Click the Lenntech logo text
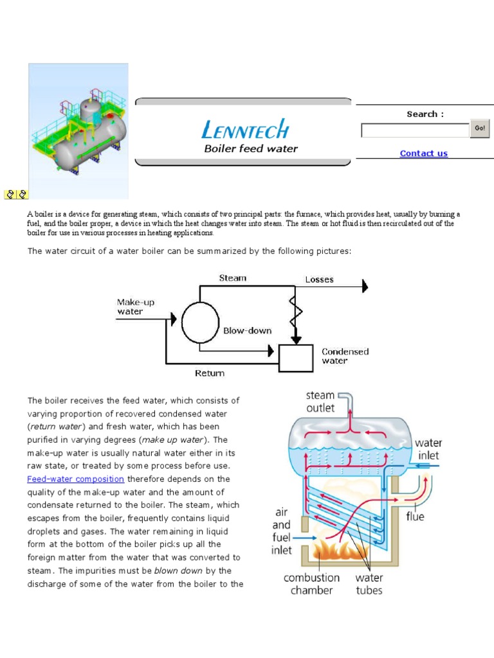[246, 130]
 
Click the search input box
[415, 130]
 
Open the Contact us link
[423, 154]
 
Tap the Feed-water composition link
[75, 479]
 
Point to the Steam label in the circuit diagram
[232, 278]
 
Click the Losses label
[319, 280]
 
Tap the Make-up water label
[135, 307]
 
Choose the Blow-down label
[247, 331]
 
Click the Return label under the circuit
[210, 373]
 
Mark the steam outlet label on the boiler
[320, 402]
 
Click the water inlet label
[428, 449]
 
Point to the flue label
[415, 516]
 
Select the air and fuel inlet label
[282, 531]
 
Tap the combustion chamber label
[312, 584]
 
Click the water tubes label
[369, 584]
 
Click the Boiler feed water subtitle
[251, 149]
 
